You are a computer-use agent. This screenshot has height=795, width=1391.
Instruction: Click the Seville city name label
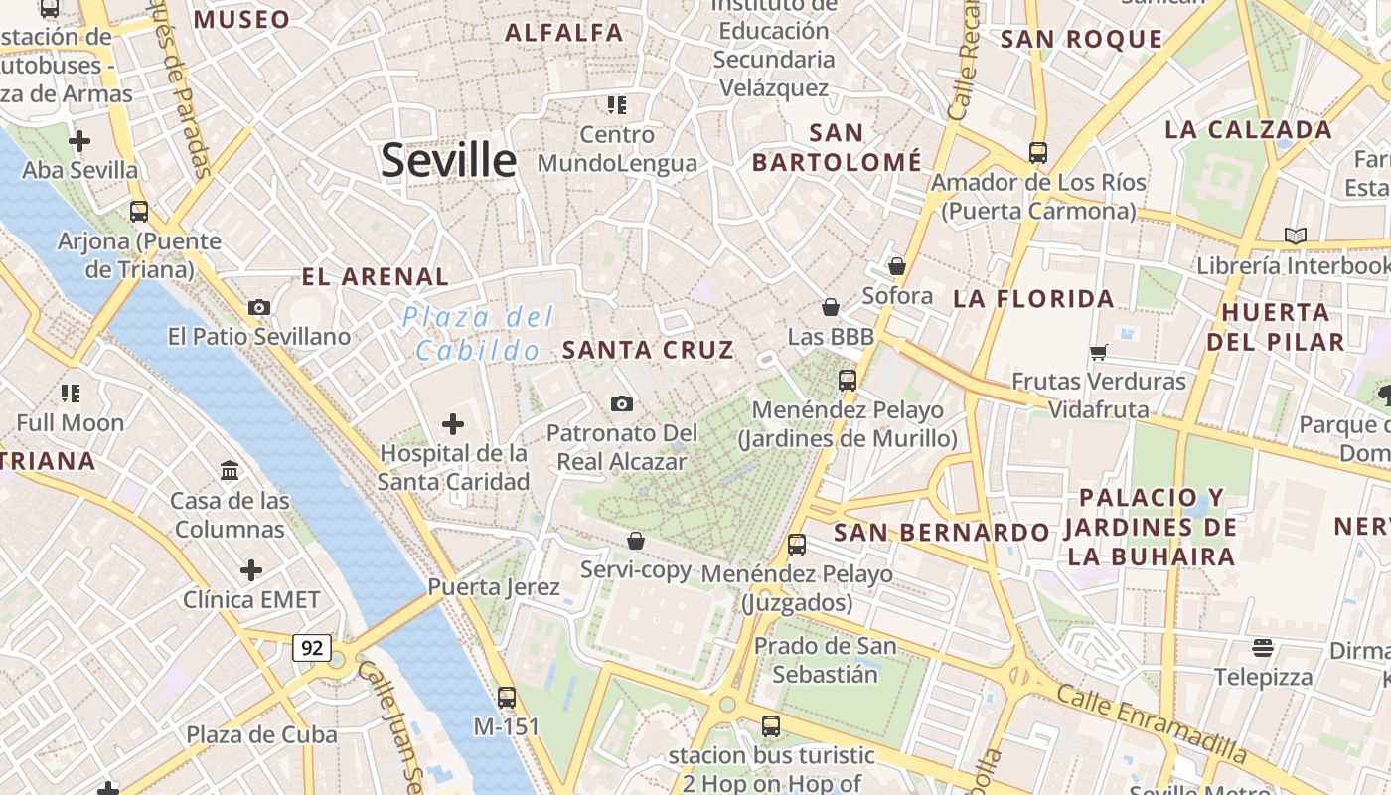point(449,160)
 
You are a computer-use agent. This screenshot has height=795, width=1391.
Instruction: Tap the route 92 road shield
point(312,648)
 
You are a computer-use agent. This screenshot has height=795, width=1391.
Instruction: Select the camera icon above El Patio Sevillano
point(259,307)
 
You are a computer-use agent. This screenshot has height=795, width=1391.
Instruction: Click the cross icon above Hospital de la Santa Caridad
point(453,425)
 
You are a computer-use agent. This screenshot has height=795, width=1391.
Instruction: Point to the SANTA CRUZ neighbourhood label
point(648,350)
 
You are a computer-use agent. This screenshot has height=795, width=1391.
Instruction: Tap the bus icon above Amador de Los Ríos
point(1038,153)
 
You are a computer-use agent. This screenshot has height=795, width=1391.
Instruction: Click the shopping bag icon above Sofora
point(897,266)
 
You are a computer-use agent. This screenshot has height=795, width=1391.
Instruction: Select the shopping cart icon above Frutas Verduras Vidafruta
point(1099,352)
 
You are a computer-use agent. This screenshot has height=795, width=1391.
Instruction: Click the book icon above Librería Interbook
point(1295,236)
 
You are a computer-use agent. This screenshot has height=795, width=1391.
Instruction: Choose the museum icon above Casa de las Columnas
point(230,470)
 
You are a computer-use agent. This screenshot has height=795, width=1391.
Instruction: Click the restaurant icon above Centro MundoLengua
point(617,104)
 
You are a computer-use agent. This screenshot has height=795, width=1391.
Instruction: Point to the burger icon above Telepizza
point(1263,648)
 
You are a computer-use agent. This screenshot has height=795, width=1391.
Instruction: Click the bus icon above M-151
point(507,697)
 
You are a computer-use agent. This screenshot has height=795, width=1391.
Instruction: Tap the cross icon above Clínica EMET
point(251,570)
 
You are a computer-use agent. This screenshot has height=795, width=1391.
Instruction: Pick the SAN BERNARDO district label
point(941,533)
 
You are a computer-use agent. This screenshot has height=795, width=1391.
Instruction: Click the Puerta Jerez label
point(494,587)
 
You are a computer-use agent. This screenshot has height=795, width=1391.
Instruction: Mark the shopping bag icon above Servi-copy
point(636,541)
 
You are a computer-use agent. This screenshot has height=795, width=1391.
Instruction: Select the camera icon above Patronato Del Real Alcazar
point(622,403)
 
